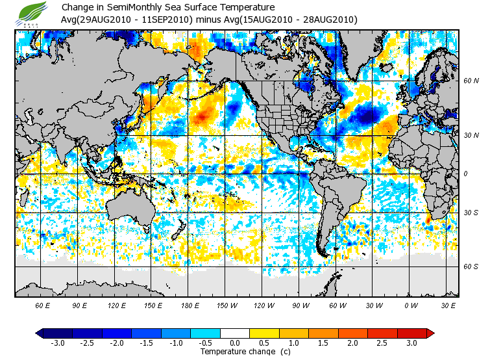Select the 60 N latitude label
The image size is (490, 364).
pyautogui.click(x=471, y=81)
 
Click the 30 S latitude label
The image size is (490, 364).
pyautogui.click(x=471, y=213)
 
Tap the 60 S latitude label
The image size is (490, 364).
pyautogui.click(x=471, y=266)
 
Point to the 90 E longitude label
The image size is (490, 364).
pyautogui.click(x=79, y=305)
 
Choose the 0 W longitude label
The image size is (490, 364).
pyautogui.click(x=411, y=305)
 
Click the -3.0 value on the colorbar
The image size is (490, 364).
pyautogui.click(x=58, y=343)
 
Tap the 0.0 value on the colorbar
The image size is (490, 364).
pyautogui.click(x=234, y=343)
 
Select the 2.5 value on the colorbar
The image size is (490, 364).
pyautogui.click(x=382, y=343)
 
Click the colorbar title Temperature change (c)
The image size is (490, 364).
pyautogui.click(x=237, y=352)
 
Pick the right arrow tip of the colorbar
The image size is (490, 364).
pyautogui.click(x=431, y=333)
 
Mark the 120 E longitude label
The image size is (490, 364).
pyautogui.click(x=117, y=305)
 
